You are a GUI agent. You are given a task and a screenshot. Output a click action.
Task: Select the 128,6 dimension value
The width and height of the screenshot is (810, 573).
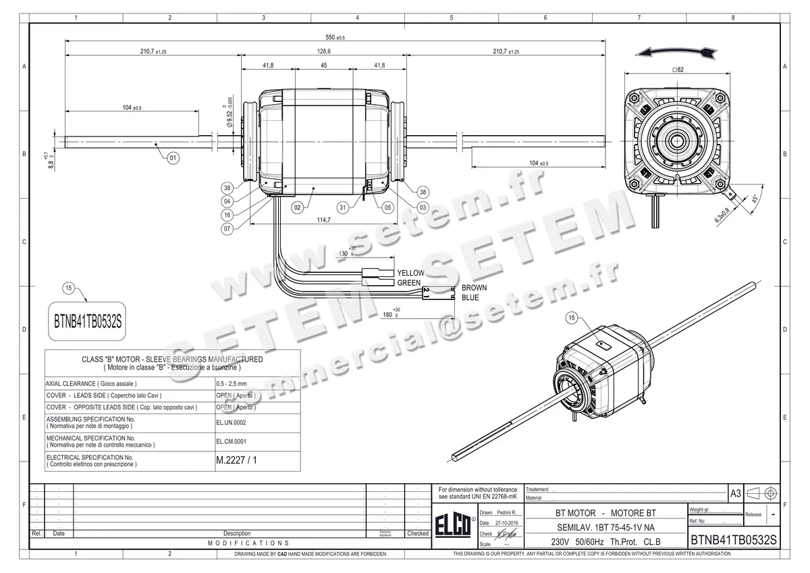(324, 51)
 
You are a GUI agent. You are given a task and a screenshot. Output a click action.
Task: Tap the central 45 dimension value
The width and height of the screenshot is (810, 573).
(324, 66)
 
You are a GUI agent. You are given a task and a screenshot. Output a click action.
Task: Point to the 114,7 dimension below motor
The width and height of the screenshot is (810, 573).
(325, 220)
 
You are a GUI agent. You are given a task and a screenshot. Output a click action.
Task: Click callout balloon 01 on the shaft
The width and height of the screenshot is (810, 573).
(173, 158)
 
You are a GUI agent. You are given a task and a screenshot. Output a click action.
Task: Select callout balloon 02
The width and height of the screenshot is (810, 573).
(297, 208)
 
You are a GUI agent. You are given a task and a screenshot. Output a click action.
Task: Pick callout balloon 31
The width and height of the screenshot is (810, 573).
(344, 208)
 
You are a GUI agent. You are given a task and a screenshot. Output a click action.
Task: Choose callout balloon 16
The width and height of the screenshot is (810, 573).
(227, 215)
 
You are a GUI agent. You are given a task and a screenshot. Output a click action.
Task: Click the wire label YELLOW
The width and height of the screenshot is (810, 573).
(410, 273)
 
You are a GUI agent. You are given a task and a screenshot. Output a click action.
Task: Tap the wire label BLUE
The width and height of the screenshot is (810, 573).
(470, 297)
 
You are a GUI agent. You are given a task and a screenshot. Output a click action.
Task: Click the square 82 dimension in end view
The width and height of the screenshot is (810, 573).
(678, 70)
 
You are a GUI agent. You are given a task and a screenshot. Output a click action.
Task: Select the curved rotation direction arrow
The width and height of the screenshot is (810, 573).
(677, 53)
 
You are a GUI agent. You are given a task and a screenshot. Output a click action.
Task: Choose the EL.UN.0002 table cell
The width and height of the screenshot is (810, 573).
(231, 422)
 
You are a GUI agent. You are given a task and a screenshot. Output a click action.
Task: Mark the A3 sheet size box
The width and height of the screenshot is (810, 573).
(735, 494)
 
